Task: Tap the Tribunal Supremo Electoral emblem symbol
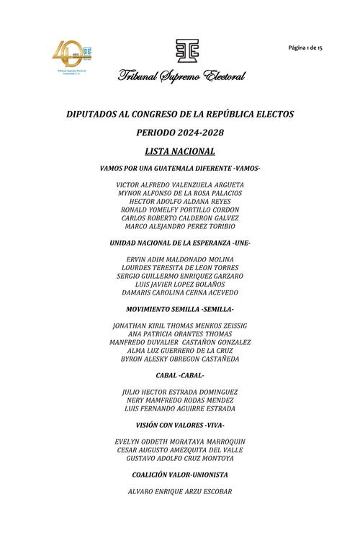coord(180,50)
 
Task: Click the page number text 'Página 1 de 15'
coord(305,47)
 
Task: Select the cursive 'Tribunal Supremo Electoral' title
coord(181,76)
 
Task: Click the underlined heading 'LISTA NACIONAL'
coord(180,151)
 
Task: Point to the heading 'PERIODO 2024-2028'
coord(180,133)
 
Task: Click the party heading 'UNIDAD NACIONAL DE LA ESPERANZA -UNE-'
coord(180,243)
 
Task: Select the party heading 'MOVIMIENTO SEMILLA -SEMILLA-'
coord(180,308)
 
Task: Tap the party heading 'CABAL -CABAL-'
coord(180,375)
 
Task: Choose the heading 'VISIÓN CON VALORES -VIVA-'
coord(180,425)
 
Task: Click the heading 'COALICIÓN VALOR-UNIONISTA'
coord(180,475)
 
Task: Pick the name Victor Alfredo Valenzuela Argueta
coord(180,184)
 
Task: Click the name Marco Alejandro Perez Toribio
coord(180,226)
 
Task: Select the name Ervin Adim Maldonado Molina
coord(180,259)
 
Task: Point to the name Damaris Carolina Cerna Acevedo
coord(180,292)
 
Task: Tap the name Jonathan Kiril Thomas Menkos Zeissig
coord(180,326)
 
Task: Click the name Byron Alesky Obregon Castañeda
coord(180,359)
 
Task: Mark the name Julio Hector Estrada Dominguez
coord(180,392)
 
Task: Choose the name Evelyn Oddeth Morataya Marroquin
coord(180,442)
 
